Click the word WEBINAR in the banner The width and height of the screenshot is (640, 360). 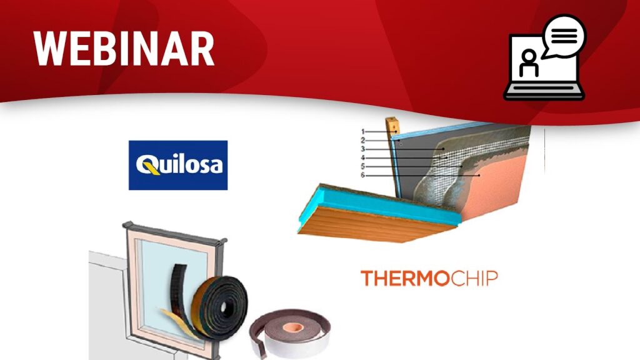click(124, 49)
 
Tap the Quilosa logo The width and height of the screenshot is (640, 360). click(178, 165)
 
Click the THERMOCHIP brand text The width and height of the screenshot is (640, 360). click(429, 278)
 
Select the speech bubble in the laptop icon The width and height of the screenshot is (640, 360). click(564, 36)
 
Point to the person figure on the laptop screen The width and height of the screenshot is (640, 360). click(529, 63)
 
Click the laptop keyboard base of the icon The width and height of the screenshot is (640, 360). click(544, 91)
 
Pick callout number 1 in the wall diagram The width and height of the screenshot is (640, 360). click(362, 132)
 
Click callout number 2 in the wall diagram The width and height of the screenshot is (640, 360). click(362, 141)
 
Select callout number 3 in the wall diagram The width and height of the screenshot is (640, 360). click(362, 149)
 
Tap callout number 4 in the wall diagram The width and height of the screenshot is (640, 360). click(362, 158)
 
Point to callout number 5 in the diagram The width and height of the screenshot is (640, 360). click(362, 166)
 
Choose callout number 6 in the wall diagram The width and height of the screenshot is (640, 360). click(362, 175)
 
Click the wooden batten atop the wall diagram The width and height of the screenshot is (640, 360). click(392, 126)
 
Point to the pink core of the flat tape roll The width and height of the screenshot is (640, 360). click(293, 327)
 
